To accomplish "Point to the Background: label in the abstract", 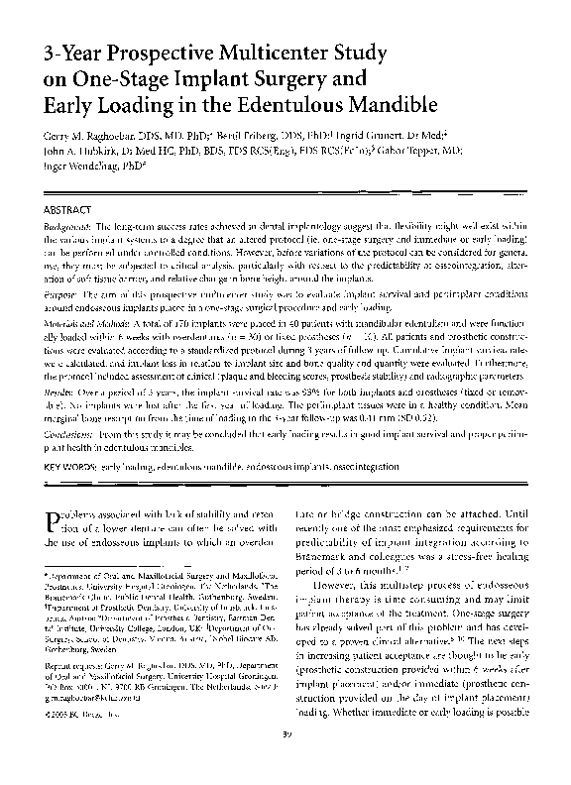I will [73, 227].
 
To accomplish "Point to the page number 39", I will [285, 760].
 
